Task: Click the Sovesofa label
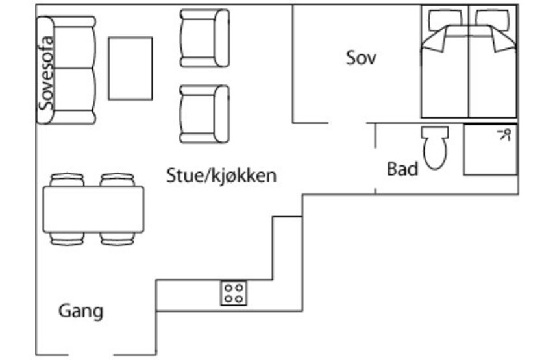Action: (x=46, y=73)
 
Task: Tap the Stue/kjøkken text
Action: (x=221, y=176)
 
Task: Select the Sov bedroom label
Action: (x=361, y=58)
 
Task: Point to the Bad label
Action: (x=402, y=169)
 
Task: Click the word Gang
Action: (x=81, y=311)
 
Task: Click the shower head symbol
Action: (x=504, y=134)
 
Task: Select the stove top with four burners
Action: (x=234, y=293)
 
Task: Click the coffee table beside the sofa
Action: (x=130, y=68)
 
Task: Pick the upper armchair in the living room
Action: (x=204, y=38)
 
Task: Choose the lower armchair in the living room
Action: (x=204, y=114)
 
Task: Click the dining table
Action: (x=93, y=209)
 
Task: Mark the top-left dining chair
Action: (x=67, y=180)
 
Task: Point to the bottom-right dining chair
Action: (x=117, y=239)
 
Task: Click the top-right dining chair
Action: (x=117, y=180)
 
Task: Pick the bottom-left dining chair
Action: (x=67, y=239)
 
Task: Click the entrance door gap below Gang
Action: (x=92, y=354)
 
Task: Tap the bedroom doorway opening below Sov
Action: (x=347, y=123)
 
